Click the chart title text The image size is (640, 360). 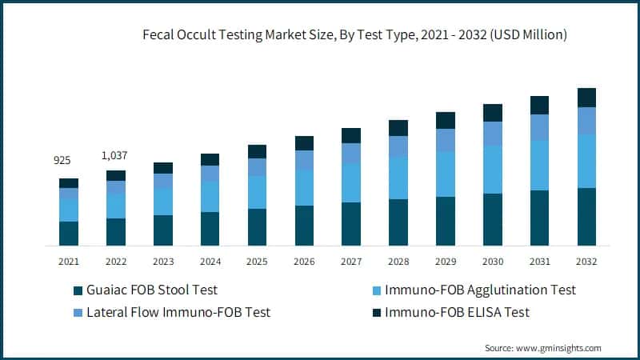[354, 34]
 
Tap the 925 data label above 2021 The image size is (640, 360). [62, 161]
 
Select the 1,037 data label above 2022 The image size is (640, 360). [115, 154]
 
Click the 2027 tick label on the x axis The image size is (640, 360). [351, 262]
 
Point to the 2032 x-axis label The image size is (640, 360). [586, 262]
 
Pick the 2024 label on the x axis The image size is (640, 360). [210, 262]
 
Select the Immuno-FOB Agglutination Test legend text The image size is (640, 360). [480, 290]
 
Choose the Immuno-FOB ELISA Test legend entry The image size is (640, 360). [457, 312]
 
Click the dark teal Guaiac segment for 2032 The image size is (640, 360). [586, 216]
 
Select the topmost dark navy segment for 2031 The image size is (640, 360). [540, 105]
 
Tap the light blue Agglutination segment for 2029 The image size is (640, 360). [446, 174]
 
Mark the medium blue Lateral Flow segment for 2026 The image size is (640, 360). [304, 160]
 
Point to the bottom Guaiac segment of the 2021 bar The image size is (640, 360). [69, 233]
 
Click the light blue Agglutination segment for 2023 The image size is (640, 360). [162, 202]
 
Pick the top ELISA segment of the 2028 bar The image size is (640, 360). [398, 128]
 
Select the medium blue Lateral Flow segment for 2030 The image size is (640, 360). [493, 134]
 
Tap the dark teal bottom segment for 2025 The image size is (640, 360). [257, 226]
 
